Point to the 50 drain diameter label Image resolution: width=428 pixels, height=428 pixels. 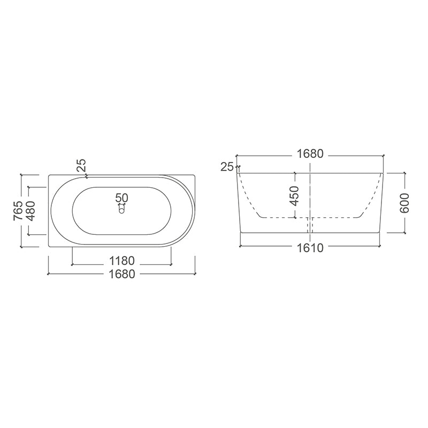(x=122, y=198)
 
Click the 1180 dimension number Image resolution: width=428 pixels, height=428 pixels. (x=122, y=261)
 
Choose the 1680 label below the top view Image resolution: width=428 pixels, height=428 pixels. (x=122, y=273)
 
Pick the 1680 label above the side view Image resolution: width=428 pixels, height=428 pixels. (x=310, y=154)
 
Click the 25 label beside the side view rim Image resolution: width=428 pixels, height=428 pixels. (x=227, y=167)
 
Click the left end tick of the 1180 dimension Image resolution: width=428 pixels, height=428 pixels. (x=72, y=264)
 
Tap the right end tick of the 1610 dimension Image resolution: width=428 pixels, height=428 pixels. (x=381, y=247)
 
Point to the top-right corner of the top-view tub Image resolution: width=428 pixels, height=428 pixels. (x=195, y=174)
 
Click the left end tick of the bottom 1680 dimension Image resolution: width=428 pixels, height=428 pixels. (x=49, y=273)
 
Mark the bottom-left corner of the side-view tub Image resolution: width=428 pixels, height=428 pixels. (x=240, y=233)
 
